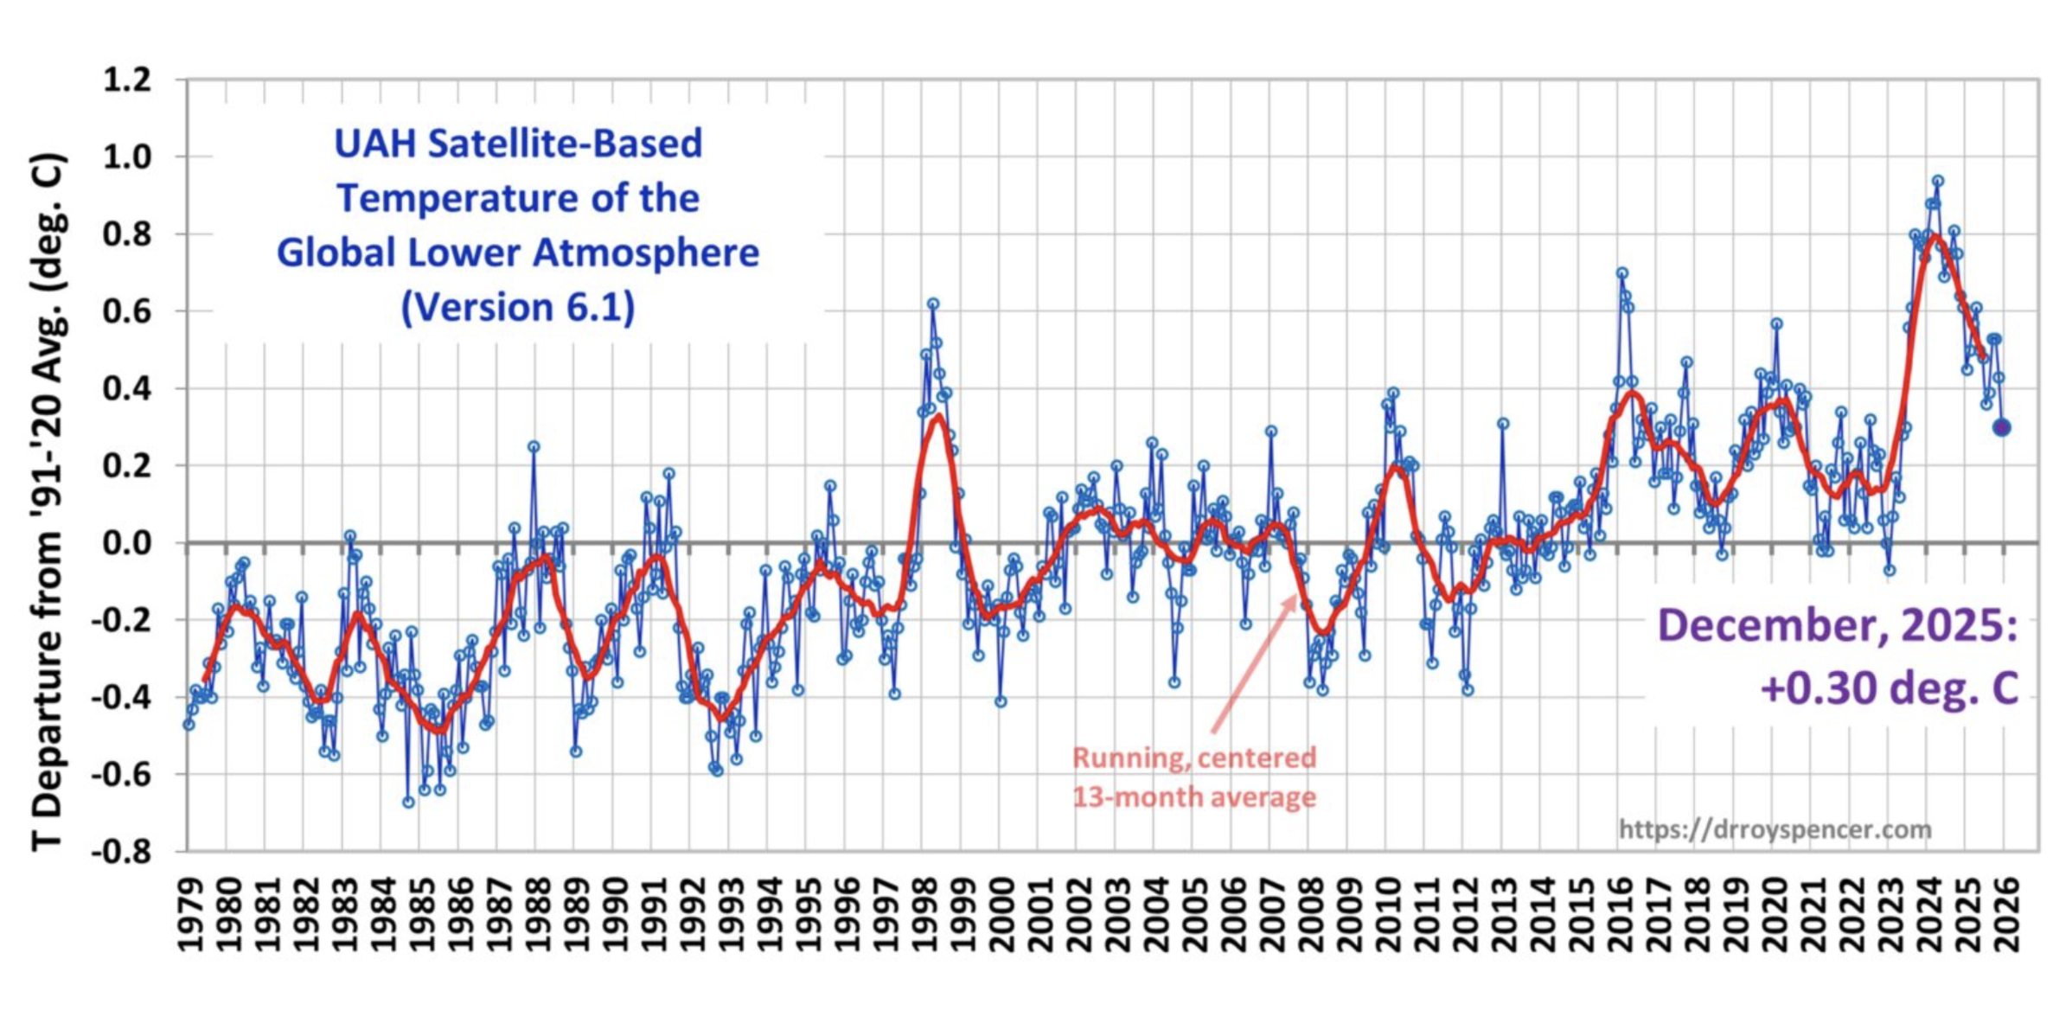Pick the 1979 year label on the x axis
click(189, 915)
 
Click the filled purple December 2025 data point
click(2001, 427)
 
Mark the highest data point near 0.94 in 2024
click(1938, 181)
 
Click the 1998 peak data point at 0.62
click(933, 304)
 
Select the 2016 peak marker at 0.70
click(1622, 272)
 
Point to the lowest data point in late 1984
click(408, 803)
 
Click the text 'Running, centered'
click(1194, 758)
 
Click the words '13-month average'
click(1194, 796)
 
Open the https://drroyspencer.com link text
click(1775, 829)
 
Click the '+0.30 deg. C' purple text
click(1890, 689)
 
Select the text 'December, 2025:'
click(1837, 625)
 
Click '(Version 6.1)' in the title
click(517, 307)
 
